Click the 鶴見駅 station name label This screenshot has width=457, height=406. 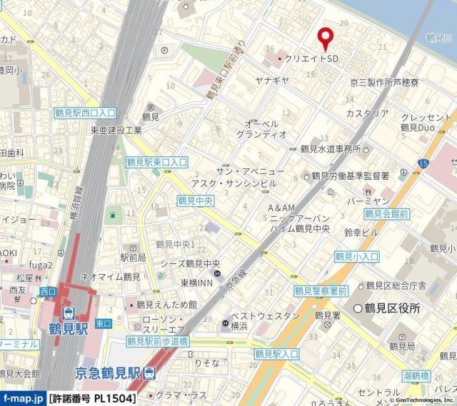(x=70, y=333)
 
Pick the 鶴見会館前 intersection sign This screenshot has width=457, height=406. (x=386, y=213)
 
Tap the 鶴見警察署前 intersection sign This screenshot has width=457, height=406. (x=321, y=291)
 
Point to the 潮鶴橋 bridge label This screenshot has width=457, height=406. (x=414, y=375)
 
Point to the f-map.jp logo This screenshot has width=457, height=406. (x=24, y=397)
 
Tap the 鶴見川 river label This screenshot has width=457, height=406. (x=440, y=36)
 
